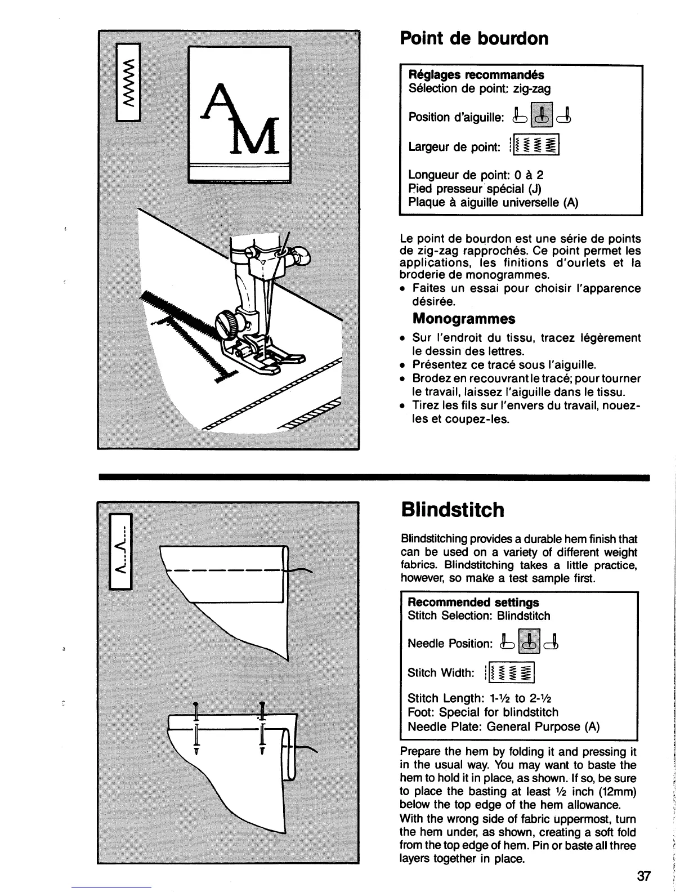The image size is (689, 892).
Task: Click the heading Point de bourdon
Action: point(474,39)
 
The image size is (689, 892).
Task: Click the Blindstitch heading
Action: point(453,510)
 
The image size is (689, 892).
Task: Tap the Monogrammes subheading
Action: point(464,319)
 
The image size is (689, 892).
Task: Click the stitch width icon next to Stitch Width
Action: point(512,672)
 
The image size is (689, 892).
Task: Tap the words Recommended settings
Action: point(473,603)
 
